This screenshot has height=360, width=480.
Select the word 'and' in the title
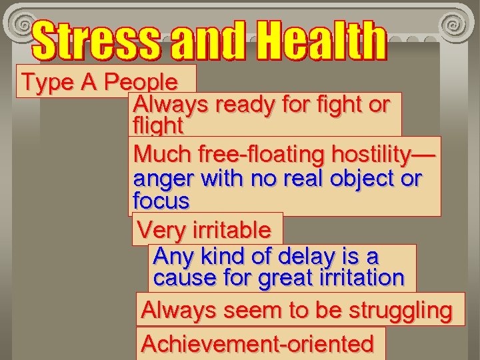(207, 41)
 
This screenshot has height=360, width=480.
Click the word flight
(158, 125)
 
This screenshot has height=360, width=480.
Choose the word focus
(161, 201)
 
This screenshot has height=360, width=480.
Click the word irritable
(231, 231)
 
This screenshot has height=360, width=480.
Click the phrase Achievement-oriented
(258, 344)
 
